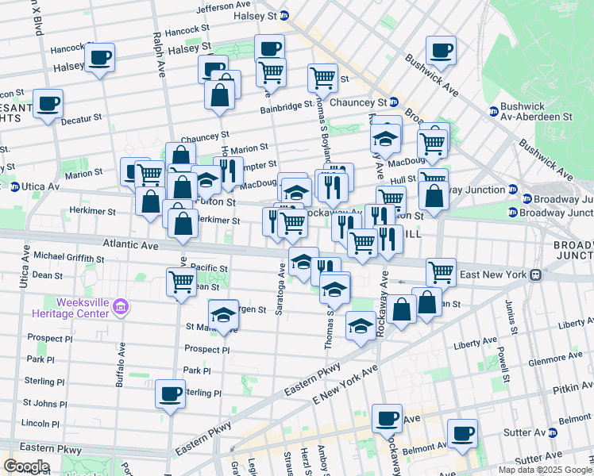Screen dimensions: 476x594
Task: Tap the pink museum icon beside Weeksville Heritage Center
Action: coord(121,307)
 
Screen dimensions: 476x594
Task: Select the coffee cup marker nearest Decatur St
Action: coord(48,104)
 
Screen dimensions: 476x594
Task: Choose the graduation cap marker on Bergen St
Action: coord(224,313)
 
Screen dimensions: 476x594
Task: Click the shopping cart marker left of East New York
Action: coord(441,271)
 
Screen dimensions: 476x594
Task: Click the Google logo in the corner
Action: coord(26,466)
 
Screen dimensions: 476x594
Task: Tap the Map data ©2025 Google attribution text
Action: coord(544,470)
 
